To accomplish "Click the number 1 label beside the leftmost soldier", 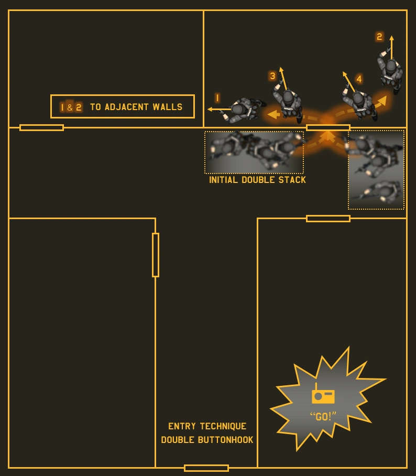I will tap(217, 98).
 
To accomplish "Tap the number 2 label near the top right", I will tap(379, 37).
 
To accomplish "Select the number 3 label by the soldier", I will tap(272, 76).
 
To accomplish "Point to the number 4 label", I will tap(359, 79).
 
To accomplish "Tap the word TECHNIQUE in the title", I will tap(223, 426).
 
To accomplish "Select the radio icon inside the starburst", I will tap(323, 395).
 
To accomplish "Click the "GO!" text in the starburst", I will tap(323, 417).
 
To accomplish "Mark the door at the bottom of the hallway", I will tap(206, 468).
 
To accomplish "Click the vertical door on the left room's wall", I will tap(156, 255).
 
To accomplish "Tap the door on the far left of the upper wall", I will tap(41, 127).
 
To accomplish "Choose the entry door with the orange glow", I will tap(328, 127).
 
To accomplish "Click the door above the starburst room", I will tap(328, 219).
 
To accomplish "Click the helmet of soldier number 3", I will tap(288, 97).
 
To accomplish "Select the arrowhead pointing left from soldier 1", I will tap(210, 110).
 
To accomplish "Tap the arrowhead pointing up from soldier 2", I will tap(391, 38).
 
